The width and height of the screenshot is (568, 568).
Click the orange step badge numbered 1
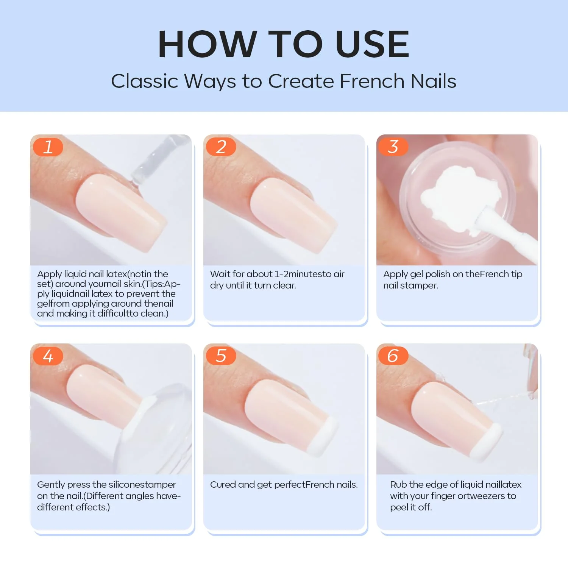[48, 147]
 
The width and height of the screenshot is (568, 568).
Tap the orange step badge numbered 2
[221, 147]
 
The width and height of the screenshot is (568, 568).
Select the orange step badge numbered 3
[393, 147]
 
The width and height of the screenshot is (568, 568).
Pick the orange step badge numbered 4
[48, 356]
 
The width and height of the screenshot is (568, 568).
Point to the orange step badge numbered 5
[221, 356]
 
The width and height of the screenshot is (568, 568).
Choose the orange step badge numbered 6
[393, 356]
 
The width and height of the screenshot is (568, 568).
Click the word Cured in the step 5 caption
[223, 485]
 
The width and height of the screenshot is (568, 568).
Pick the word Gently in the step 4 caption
[50, 485]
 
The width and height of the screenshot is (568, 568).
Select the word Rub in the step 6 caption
[398, 485]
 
